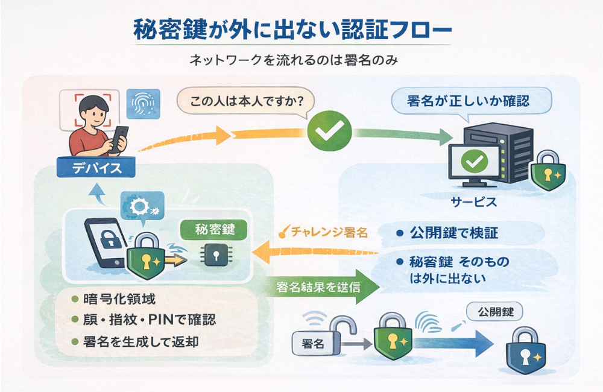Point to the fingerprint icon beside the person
coord(142,103)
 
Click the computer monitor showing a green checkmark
coord(476,161)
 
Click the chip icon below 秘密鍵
coord(214,256)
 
